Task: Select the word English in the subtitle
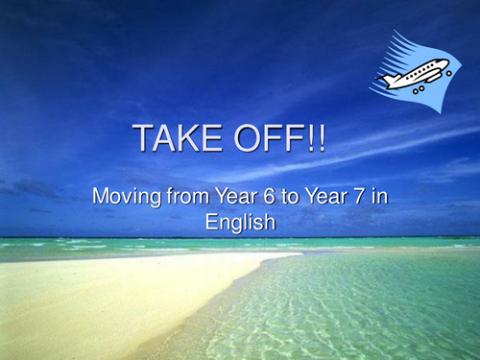click(x=240, y=222)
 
